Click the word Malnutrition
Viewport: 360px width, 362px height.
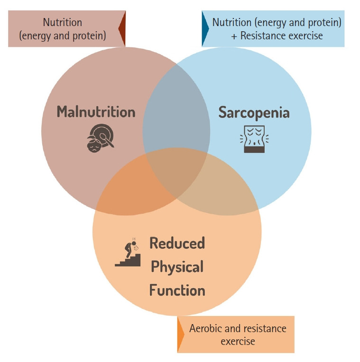coord(96,112)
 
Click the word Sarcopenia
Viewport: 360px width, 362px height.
coord(254,113)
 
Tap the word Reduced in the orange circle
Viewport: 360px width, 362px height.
coord(177,243)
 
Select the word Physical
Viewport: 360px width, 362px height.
coord(177,266)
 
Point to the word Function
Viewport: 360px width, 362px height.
coord(177,290)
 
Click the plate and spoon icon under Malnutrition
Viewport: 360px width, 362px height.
coord(100,137)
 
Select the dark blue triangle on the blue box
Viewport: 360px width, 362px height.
coord(205,28)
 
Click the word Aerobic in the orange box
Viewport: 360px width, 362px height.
coord(206,328)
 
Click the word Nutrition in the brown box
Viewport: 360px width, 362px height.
coord(62,22)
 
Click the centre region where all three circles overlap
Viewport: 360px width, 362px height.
coord(177,173)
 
